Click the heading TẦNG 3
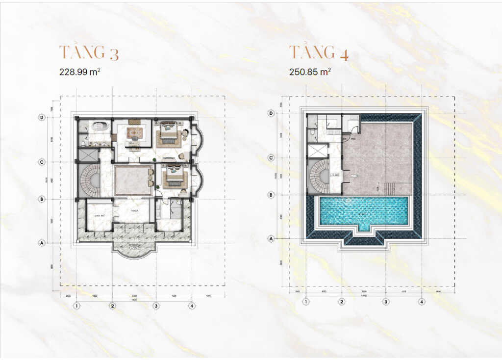[89, 52]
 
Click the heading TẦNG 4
[319, 52]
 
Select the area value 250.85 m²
[310, 72]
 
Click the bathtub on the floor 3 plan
[98, 126]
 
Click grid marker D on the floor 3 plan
[43, 117]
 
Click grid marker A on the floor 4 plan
[272, 238]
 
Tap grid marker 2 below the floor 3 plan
[112, 306]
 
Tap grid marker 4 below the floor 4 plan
[421, 302]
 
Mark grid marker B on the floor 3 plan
[43, 199]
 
